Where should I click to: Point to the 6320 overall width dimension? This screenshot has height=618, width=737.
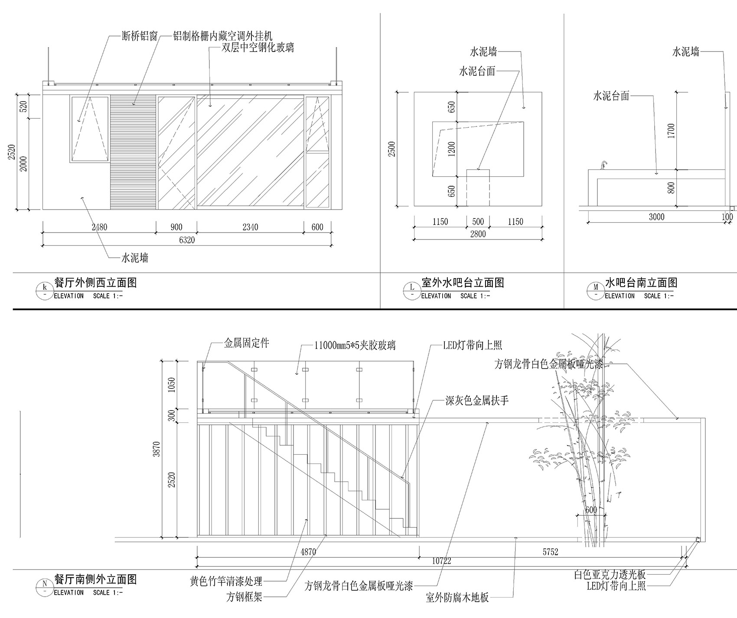point(187,240)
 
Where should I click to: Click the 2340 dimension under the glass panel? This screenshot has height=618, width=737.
point(250,227)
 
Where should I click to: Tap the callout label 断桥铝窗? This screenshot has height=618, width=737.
point(140,37)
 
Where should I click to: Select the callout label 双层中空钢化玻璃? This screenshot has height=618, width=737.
point(258,47)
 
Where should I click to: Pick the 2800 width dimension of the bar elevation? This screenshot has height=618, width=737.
point(478,234)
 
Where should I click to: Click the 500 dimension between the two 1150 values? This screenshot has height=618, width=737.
point(478,222)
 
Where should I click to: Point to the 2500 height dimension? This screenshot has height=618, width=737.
point(392,149)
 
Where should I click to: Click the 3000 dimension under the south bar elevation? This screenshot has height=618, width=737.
point(656,217)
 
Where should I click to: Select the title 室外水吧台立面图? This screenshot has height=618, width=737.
point(463,283)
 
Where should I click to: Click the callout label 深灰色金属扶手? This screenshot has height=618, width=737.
point(477,400)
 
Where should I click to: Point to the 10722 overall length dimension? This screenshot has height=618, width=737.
point(442,561)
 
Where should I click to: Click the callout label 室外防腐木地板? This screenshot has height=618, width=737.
point(457,598)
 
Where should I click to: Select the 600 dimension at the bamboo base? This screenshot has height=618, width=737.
point(591,510)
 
